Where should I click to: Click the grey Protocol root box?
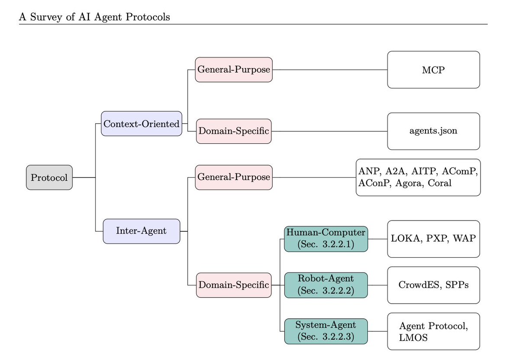point(49,178)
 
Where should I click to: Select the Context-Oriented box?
point(142,123)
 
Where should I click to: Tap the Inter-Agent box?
point(142,231)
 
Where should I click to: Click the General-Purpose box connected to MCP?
point(234,70)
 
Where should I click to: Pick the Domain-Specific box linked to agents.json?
point(234,131)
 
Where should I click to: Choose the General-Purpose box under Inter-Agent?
point(234,178)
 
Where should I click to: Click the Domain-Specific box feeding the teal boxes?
point(234,285)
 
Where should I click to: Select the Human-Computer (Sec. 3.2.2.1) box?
point(326,239)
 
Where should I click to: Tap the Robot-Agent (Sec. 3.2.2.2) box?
point(326,285)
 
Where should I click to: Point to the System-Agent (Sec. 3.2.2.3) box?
point(326,331)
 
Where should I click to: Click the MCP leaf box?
point(434,70)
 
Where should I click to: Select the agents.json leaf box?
point(434,131)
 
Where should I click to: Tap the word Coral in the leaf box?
point(439,183)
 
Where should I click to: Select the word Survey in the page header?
point(46,17)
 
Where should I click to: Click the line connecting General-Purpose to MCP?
point(330,70)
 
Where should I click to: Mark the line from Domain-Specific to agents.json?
point(329,131)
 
